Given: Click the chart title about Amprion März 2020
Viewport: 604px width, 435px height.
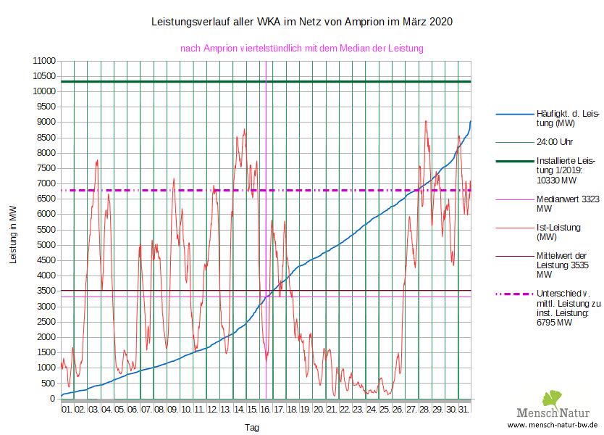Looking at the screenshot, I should click(x=302, y=22).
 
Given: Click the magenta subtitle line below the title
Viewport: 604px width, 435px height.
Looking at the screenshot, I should click(x=301, y=48).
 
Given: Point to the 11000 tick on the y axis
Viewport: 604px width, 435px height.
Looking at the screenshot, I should click(x=45, y=61).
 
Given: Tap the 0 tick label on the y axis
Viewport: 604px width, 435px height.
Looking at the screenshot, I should click(x=54, y=399).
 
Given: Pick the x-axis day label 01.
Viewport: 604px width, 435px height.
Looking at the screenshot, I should click(x=67, y=410).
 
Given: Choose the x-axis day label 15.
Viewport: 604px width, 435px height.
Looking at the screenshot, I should click(x=252, y=410).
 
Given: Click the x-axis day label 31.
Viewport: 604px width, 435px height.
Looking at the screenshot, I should click(x=464, y=410).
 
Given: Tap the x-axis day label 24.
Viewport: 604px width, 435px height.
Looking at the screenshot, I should click(x=372, y=410).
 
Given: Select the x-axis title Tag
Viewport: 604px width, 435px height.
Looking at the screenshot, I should click(x=252, y=428).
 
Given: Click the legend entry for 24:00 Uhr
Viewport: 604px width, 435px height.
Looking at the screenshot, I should click(x=554, y=141).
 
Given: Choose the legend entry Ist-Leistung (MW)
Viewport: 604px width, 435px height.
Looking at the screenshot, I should click(x=558, y=232).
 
